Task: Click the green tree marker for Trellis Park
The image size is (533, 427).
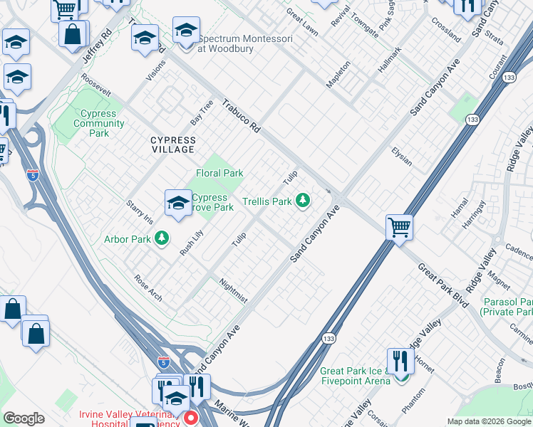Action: click(x=303, y=201)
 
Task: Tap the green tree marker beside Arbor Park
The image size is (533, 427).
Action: click(x=162, y=238)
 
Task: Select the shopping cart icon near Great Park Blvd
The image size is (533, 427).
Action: click(x=399, y=228)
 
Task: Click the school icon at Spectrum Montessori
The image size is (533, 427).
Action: click(x=186, y=32)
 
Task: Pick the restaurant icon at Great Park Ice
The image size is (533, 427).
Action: click(x=400, y=362)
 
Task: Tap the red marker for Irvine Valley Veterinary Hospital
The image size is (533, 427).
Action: click(x=190, y=418)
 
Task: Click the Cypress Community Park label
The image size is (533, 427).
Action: click(x=98, y=123)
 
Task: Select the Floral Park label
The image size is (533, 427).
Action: click(x=219, y=173)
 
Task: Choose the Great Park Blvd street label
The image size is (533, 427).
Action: click(x=443, y=285)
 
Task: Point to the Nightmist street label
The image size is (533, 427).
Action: click(x=233, y=290)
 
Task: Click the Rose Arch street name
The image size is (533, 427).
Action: click(x=148, y=285)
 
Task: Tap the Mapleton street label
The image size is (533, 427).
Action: click(x=338, y=73)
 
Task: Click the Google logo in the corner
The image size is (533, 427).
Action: click(x=24, y=418)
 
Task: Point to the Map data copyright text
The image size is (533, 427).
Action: click(x=489, y=421)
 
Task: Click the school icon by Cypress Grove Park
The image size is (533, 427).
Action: click(x=177, y=203)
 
